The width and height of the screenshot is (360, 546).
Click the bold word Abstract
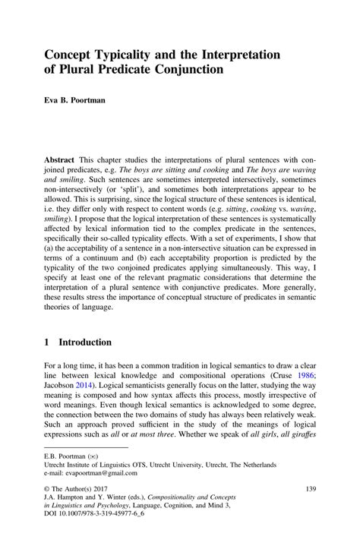62,162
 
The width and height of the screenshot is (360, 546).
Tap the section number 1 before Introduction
48,342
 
